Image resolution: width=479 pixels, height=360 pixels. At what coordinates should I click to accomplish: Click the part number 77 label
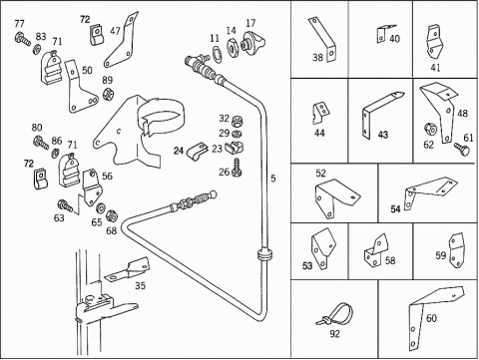pos(19,24)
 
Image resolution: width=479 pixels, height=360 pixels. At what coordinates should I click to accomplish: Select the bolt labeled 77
pos(22,38)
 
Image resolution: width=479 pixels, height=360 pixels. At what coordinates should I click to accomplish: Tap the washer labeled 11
pos(218,54)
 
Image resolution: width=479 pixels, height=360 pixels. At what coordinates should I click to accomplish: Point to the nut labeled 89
pos(108,94)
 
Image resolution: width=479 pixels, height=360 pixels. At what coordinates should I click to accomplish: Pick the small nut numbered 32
pos(236,121)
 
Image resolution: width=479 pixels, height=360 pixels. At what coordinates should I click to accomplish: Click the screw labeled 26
pos(238,167)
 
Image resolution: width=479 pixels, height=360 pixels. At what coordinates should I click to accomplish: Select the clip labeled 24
pos(197,152)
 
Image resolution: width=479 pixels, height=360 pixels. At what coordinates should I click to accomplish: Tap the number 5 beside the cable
pos(273,179)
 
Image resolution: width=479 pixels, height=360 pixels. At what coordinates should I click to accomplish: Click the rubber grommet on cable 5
pos(265,255)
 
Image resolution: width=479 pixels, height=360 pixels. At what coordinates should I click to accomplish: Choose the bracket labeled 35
pos(128,269)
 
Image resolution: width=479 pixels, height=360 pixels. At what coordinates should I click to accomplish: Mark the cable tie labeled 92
pos(335,315)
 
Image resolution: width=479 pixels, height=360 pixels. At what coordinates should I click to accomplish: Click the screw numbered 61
pos(462,149)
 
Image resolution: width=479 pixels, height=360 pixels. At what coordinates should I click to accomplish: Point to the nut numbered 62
pos(430,130)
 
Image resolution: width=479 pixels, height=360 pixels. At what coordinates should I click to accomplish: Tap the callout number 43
pos(383,135)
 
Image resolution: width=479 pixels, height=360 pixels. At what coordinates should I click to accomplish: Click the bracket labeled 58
pos(376,250)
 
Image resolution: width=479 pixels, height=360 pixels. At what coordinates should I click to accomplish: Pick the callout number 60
pos(431,318)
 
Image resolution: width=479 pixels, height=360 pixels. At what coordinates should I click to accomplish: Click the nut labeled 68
pos(112,215)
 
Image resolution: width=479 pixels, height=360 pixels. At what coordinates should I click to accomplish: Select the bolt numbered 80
pos(41,143)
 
